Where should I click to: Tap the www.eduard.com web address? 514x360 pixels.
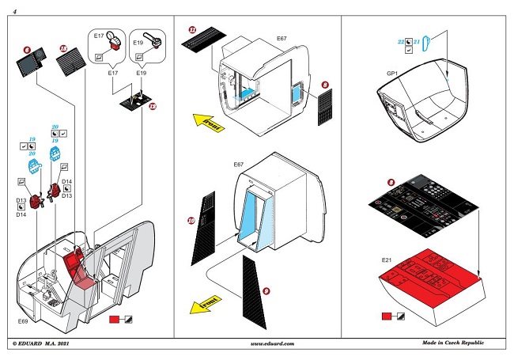[271, 343]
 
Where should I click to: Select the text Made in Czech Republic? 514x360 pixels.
[453, 343]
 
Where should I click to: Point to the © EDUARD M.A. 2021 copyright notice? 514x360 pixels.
[46, 343]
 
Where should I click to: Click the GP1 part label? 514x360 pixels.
[392, 73]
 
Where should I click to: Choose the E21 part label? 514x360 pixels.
[387, 259]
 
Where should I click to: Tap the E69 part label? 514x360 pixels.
[24, 322]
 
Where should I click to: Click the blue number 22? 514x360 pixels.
[401, 40]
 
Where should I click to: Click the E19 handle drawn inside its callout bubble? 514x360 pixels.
[153, 42]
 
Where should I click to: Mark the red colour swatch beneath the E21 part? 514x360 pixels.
[386, 316]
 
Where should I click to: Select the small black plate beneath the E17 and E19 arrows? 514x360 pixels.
[136, 102]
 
